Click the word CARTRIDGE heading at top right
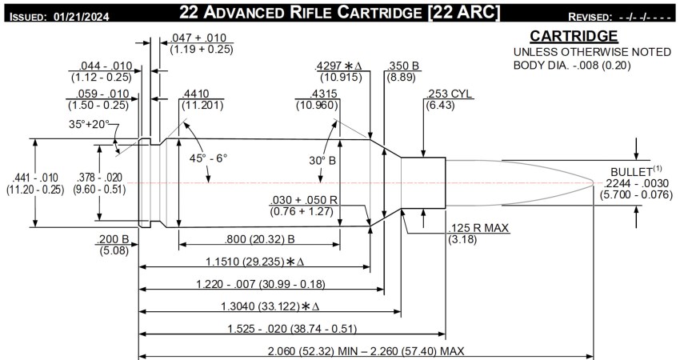point(573,37)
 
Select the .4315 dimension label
point(315,92)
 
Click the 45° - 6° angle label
point(207,158)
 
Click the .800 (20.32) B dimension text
point(260,238)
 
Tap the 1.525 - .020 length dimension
point(276,328)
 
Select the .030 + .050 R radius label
point(303,200)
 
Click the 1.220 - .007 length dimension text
point(259,283)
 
